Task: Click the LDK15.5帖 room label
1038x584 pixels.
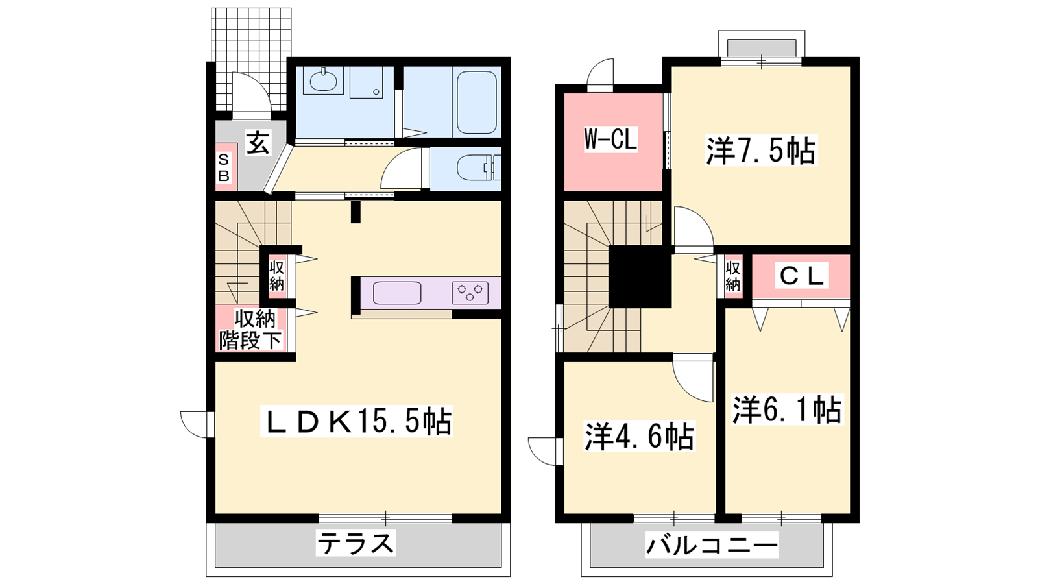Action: click(x=356, y=421)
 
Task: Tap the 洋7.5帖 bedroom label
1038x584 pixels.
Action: click(x=761, y=150)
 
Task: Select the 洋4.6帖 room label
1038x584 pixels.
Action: click(x=640, y=436)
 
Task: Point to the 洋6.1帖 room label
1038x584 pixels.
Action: click(x=787, y=409)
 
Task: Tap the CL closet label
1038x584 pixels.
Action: click(x=801, y=276)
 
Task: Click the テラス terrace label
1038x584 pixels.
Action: click(x=356, y=543)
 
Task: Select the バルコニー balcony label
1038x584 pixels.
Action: click(x=712, y=546)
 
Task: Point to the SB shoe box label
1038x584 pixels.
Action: click(x=224, y=168)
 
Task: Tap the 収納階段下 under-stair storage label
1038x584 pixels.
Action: click(x=250, y=330)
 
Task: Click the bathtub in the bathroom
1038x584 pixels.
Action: click(x=477, y=103)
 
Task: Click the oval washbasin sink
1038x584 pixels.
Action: click(x=324, y=82)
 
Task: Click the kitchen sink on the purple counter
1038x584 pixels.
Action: click(x=397, y=293)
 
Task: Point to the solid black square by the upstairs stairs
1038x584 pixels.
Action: click(x=640, y=276)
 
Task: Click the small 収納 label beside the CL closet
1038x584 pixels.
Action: click(x=732, y=276)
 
